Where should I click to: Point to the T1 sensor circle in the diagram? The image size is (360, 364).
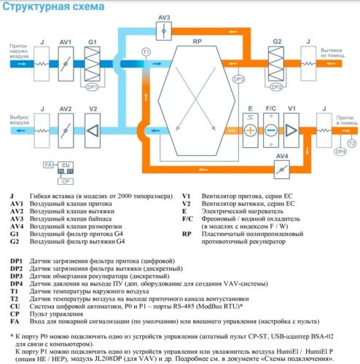click(146, 52)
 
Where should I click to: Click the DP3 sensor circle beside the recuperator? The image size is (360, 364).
click(238, 79)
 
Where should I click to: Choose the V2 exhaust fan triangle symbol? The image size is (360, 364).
click(92, 130)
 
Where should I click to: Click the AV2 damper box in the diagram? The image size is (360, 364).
click(65, 130)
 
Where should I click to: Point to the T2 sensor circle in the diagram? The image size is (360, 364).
click(353, 143)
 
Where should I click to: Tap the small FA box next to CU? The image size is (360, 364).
click(48, 166)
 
